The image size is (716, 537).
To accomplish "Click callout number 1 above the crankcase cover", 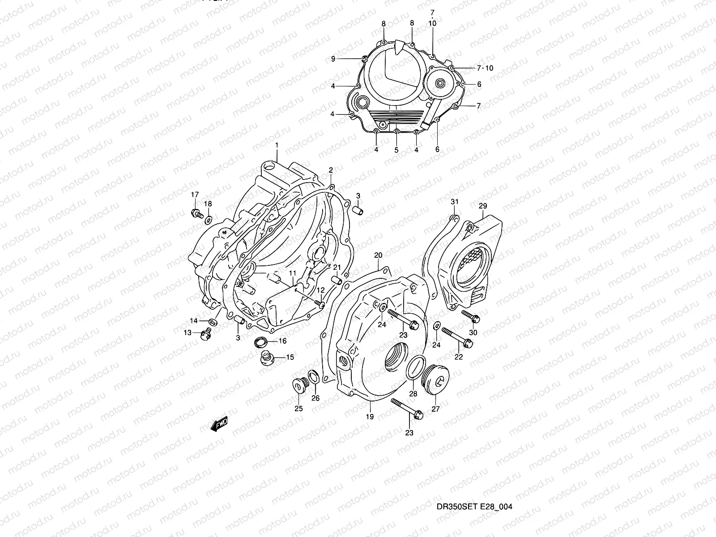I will (x=277, y=145).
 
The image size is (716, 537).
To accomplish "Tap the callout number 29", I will (x=482, y=206).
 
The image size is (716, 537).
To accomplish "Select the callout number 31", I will (x=454, y=202).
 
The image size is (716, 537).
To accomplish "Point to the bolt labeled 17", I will (x=196, y=213).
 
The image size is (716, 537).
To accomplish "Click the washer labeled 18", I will (x=209, y=220).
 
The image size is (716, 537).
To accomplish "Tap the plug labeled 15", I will (x=267, y=358).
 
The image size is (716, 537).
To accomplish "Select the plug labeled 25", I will (x=297, y=385).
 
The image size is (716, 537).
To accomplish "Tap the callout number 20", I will (x=378, y=256).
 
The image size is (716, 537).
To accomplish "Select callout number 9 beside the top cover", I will (x=333, y=59).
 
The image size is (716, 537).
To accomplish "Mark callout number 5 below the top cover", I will (x=396, y=150).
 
